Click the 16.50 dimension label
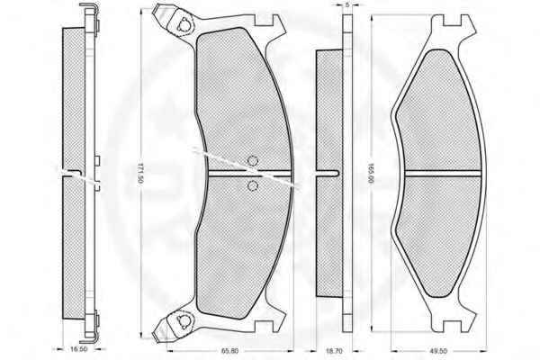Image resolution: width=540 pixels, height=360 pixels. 78,349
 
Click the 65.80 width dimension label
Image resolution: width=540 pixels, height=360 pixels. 229,351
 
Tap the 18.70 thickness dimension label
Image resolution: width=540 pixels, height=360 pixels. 334,351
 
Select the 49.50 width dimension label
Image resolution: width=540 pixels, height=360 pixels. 438,351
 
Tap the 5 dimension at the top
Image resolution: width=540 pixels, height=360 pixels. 347,4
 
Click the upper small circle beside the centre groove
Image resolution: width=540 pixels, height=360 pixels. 253,161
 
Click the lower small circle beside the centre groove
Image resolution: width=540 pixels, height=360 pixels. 253,186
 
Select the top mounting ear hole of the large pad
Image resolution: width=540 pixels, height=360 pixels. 184,25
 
